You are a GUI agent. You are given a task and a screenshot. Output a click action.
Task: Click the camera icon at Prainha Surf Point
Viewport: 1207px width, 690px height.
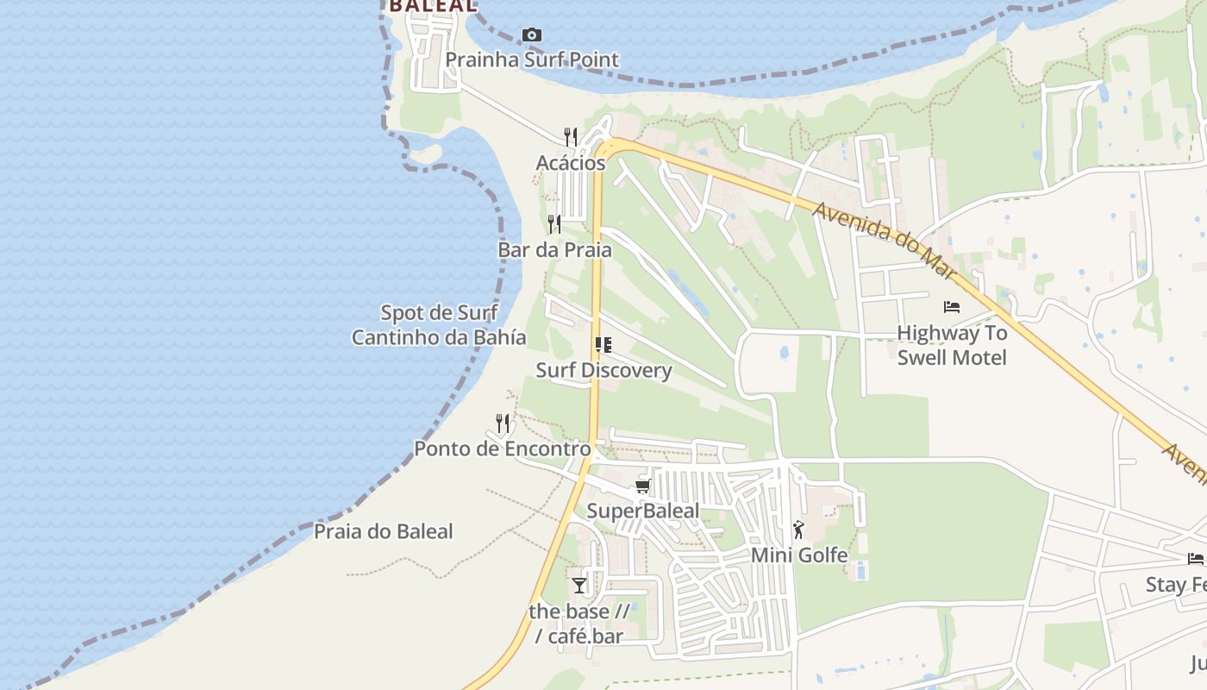click(532, 35)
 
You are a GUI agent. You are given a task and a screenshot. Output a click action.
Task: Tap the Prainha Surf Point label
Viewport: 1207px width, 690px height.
click(532, 60)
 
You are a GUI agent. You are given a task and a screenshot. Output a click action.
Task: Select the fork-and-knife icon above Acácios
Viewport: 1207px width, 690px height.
click(570, 136)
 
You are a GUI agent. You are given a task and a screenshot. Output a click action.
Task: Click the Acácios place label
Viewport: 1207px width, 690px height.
click(570, 163)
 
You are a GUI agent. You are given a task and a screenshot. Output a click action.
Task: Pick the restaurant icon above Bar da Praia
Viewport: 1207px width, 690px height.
click(554, 224)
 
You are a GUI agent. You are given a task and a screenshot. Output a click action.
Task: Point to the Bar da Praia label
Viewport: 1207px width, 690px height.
click(554, 250)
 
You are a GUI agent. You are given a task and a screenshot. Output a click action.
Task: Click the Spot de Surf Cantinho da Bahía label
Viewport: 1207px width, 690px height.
click(439, 324)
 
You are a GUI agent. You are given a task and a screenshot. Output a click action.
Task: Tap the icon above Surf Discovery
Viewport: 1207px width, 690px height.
click(603, 345)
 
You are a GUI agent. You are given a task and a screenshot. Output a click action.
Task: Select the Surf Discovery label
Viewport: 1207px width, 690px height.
click(603, 370)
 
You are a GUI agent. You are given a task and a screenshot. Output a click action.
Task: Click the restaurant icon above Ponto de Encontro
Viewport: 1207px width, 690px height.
click(503, 423)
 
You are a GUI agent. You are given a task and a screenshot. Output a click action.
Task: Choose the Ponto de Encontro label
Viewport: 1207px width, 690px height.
click(503, 448)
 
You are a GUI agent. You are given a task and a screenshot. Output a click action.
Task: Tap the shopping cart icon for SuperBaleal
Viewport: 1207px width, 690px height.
click(642, 486)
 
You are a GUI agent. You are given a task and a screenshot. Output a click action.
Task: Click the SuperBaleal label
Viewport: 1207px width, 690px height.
click(642, 511)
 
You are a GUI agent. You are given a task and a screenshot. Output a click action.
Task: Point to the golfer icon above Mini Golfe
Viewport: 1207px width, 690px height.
click(799, 530)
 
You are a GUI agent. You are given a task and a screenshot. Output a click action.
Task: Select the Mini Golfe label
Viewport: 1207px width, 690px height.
click(799, 555)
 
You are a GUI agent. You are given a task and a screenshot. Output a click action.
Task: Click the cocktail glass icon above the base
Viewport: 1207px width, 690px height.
click(579, 586)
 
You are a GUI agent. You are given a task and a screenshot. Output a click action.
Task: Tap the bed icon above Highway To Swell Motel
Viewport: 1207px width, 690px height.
click(952, 307)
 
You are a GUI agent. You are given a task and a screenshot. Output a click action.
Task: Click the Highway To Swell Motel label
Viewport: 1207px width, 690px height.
click(952, 345)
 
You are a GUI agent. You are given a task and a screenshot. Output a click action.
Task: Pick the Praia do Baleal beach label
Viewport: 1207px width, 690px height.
click(383, 531)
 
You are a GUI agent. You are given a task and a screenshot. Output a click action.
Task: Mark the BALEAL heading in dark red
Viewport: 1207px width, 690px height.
click(432, 6)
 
